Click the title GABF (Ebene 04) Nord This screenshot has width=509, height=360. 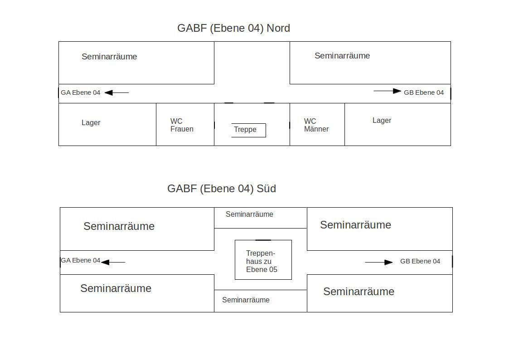tap(234, 28)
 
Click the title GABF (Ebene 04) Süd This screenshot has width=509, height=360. tap(222, 189)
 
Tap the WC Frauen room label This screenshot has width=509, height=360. tap(182, 125)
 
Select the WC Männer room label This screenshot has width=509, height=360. tap(316, 125)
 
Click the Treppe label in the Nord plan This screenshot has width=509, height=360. tap(245, 130)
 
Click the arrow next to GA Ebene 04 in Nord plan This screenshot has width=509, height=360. tap(117, 93)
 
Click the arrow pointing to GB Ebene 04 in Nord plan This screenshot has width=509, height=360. tap(387, 91)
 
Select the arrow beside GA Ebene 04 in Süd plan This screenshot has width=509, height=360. tap(113, 262)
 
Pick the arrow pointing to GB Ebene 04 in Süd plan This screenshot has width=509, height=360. tap(379, 262)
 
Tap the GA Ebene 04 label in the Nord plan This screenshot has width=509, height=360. tap(81, 92)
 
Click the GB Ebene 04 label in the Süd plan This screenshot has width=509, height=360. tap(420, 261)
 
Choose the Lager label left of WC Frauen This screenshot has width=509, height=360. tap(91, 123)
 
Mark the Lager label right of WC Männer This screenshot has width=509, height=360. tap(382, 121)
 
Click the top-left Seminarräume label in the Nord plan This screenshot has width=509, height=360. tap(109, 57)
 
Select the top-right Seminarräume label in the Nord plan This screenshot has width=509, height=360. tap(342, 56)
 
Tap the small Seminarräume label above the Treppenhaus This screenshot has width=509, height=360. tap(249, 214)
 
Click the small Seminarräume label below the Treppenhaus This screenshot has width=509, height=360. tap(246, 300)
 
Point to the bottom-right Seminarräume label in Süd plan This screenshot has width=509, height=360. tap(359, 292)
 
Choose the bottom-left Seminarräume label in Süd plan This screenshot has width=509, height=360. tap(116, 288)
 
